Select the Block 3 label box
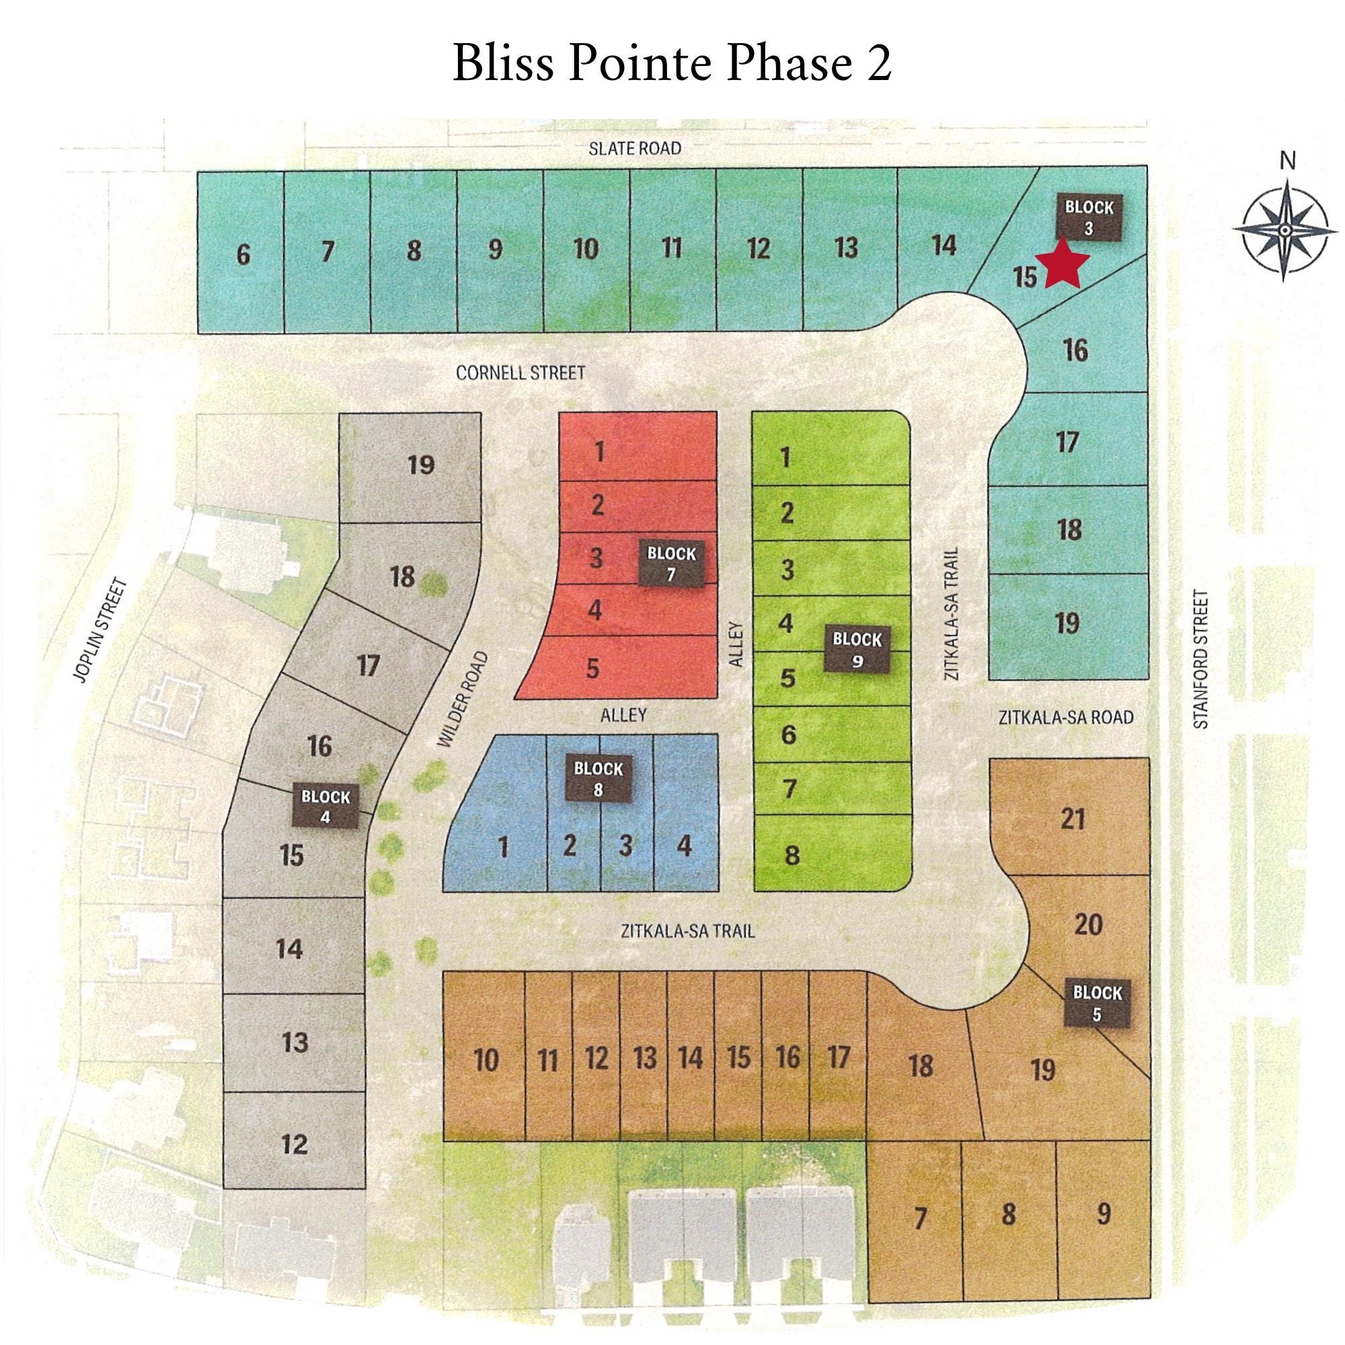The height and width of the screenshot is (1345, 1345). (x=1089, y=217)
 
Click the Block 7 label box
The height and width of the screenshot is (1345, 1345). (x=671, y=564)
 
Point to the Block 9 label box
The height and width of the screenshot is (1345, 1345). (x=856, y=650)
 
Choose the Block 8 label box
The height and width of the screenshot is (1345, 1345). (x=598, y=779)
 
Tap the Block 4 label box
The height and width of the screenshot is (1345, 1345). (x=325, y=806)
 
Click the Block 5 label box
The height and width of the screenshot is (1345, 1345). (x=1097, y=1004)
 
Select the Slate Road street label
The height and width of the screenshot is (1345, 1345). (x=634, y=148)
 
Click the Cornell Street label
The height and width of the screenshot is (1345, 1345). (x=520, y=373)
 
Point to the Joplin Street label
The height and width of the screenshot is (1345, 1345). (x=102, y=630)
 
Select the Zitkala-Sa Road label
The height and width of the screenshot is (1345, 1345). (x=1066, y=717)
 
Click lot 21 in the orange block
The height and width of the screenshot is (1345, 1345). (x=1072, y=819)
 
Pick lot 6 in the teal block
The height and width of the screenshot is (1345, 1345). (x=242, y=255)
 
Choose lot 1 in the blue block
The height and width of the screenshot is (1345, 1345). (x=503, y=847)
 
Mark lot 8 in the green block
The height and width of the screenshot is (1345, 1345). (x=792, y=855)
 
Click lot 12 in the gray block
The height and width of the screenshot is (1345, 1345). (x=295, y=1143)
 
